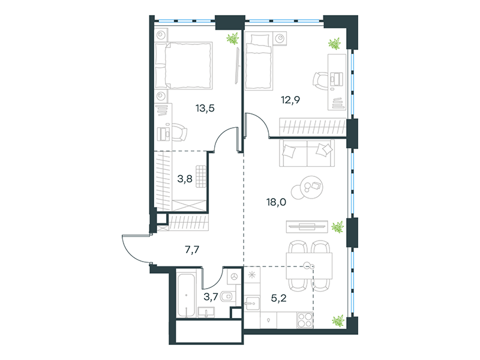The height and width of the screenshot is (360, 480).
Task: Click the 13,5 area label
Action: point(205,108)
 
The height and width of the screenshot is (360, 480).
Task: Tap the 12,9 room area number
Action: point(290,100)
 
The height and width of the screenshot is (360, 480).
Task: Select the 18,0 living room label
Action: point(277,202)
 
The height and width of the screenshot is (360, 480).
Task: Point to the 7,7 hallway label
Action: point(192,250)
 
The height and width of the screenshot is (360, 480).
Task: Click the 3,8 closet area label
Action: point(185,178)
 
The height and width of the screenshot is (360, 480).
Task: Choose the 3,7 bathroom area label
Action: point(211,296)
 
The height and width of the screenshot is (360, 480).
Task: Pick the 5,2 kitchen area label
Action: point(279,298)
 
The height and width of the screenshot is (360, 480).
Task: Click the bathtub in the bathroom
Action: point(186,294)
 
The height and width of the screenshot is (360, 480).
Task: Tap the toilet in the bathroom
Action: point(227,296)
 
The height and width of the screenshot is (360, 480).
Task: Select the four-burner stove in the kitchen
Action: point(305,320)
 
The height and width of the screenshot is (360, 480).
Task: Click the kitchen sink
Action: point(252,304)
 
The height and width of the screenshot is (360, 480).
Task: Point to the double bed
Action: point(184,65)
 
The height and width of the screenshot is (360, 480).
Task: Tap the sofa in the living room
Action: point(307,153)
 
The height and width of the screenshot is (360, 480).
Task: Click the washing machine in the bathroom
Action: point(235,277)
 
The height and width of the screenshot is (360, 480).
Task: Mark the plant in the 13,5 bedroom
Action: point(232,39)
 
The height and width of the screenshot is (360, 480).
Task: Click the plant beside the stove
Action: point(338,321)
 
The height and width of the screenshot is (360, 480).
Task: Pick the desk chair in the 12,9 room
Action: point(320,80)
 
